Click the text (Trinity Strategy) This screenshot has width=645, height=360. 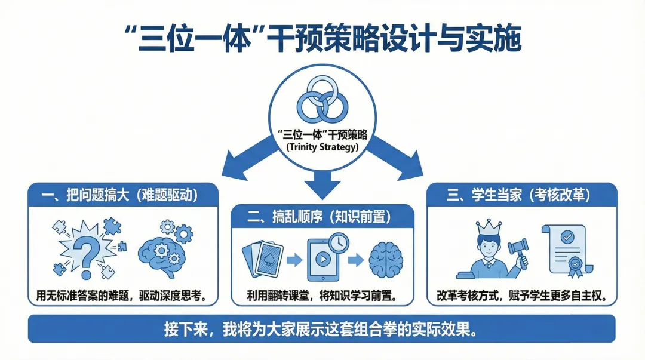click(x=322, y=147)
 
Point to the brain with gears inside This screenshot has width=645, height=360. click(x=164, y=251)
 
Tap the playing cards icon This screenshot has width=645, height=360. click(x=263, y=260)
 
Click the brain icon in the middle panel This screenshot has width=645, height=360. click(x=383, y=260)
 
